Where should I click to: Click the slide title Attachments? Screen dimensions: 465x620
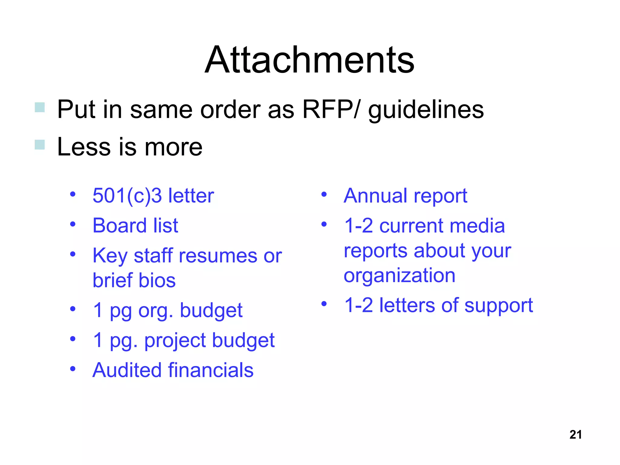[x=309, y=60]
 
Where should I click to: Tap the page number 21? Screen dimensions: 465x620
[x=575, y=435]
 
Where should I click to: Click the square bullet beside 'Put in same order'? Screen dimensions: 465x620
[x=40, y=107]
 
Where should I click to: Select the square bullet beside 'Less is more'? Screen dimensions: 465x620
[x=40, y=144]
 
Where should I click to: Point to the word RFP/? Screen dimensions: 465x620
[x=331, y=109]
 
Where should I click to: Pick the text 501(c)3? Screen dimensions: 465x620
[x=127, y=196]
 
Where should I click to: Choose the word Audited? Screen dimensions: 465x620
[x=127, y=370]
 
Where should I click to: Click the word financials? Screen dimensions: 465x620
[x=211, y=370]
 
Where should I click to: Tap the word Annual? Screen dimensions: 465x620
[x=375, y=196]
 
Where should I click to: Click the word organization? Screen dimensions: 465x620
[x=399, y=276]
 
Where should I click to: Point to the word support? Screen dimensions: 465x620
[x=498, y=306]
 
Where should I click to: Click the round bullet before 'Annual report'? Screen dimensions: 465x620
[x=324, y=194]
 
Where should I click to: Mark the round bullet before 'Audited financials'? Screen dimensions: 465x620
[x=73, y=369]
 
